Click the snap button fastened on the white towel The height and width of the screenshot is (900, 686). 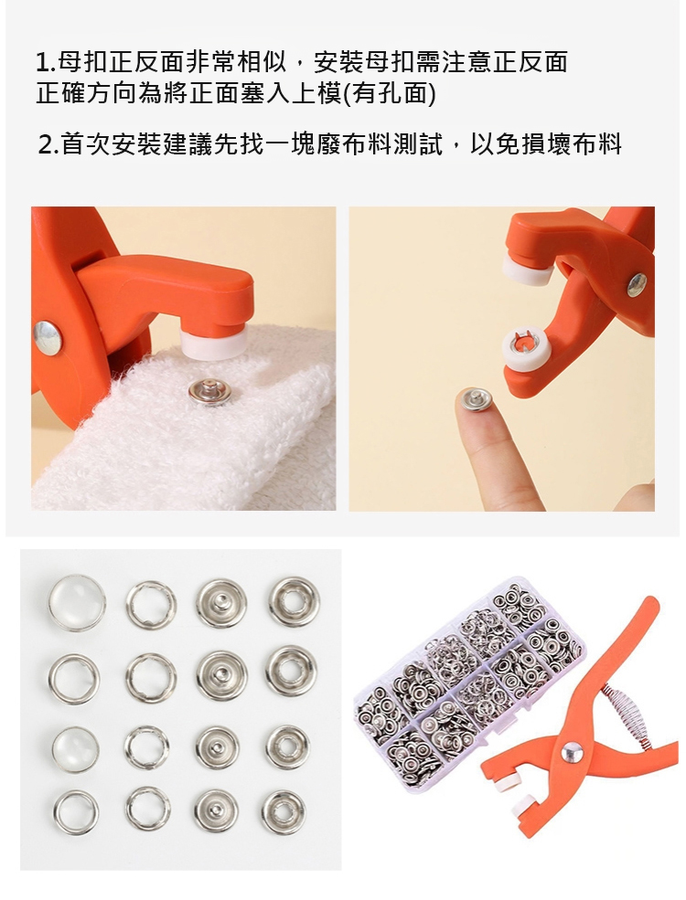click(x=209, y=391)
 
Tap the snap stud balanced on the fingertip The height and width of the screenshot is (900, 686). click(x=476, y=399)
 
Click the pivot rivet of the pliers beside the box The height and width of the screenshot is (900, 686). click(x=572, y=752)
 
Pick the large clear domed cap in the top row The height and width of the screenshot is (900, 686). click(x=77, y=603)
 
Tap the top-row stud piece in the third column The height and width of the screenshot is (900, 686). click(x=221, y=603)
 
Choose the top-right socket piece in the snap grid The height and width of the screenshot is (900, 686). click(x=294, y=601)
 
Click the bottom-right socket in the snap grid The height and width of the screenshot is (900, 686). click(x=284, y=812)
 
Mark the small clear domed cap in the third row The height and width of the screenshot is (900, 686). click(x=75, y=749)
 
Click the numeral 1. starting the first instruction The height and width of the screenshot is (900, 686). click(x=46, y=62)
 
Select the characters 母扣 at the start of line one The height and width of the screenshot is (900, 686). click(x=82, y=62)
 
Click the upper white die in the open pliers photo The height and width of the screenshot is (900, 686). click(x=527, y=270)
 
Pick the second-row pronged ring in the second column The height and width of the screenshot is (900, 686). click(x=151, y=678)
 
